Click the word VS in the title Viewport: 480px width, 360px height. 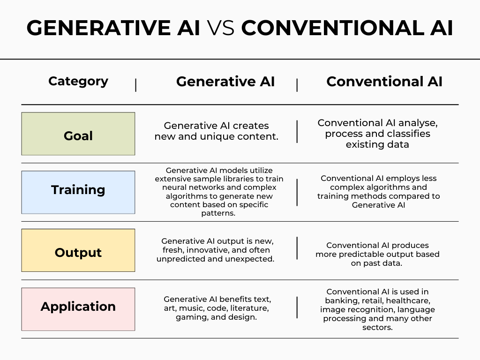(x=220, y=29)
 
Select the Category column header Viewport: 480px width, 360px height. (x=78, y=81)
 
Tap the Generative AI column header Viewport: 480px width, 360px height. (x=225, y=82)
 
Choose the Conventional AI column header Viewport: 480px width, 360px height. (x=384, y=82)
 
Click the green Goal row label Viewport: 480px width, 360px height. (x=78, y=136)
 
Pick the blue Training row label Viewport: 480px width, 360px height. (x=78, y=190)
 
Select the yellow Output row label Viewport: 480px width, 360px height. (x=78, y=253)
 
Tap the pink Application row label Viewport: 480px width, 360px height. (x=78, y=307)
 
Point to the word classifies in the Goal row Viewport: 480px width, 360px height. (x=407, y=134)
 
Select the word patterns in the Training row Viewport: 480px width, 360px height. (x=219, y=213)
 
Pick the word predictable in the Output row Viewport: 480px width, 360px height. (x=358, y=254)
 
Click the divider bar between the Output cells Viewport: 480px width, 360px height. (x=297, y=248)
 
